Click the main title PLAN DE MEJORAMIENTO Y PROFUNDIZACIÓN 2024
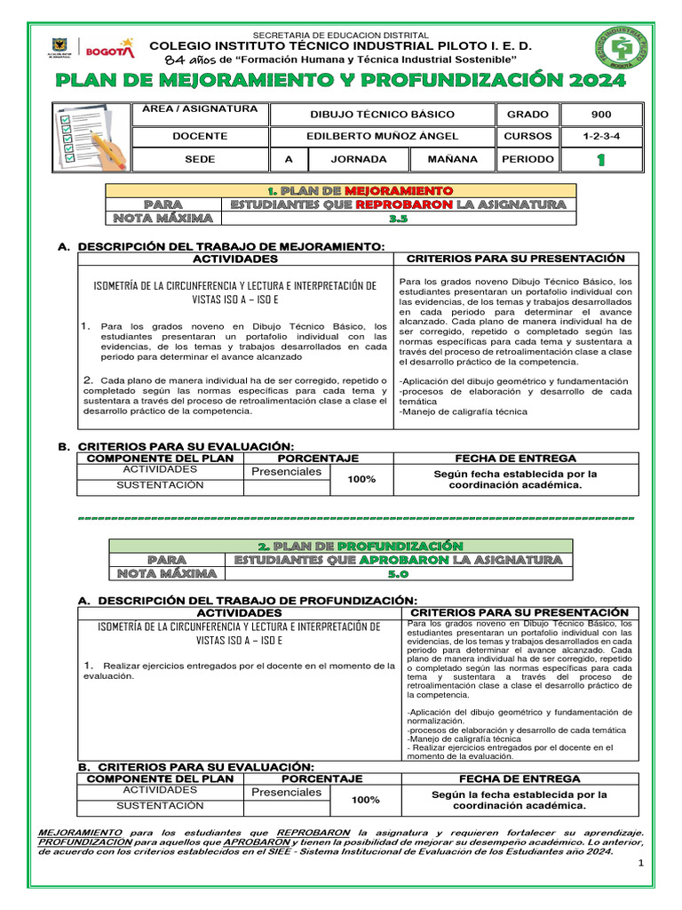click(x=340, y=81)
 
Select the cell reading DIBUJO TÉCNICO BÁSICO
click(x=382, y=115)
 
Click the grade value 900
click(x=600, y=115)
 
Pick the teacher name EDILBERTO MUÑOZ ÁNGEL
click(x=382, y=137)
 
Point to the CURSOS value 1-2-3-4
click(x=600, y=137)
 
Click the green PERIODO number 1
click(x=600, y=160)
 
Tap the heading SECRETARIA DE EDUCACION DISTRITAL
click(x=341, y=35)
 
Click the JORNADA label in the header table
click(x=358, y=159)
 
